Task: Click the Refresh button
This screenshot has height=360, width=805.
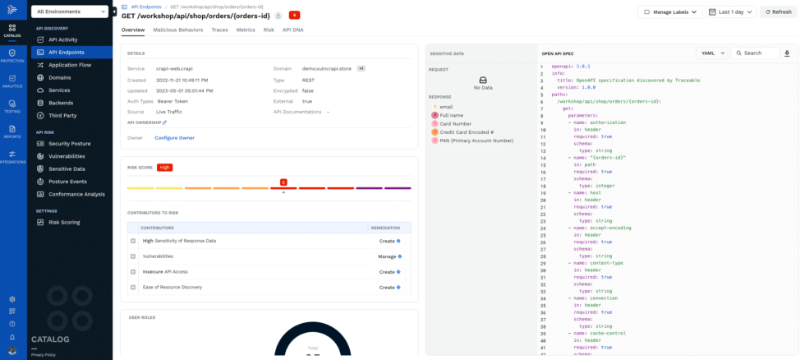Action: coord(777,12)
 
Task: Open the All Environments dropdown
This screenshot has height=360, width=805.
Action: coord(71,12)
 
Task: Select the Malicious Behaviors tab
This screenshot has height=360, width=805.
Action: coord(177,30)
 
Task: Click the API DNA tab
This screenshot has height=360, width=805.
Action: coord(293,30)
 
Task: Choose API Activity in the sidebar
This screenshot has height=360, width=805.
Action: coord(62,39)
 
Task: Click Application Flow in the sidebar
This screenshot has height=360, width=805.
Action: coord(69,64)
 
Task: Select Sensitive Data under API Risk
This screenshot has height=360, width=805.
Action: coord(67,168)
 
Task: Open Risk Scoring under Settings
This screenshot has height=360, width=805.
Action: coord(64,222)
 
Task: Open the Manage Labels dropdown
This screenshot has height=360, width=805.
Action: coord(670,12)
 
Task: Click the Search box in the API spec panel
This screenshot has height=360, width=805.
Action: coord(757,53)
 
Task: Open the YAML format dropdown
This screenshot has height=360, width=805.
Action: coord(711,53)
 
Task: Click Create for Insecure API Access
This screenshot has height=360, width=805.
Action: coord(389,271)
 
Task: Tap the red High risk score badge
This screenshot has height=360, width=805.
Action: coord(164,167)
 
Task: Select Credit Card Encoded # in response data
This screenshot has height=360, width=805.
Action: coord(466,132)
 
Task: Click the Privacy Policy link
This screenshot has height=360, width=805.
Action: coord(43,354)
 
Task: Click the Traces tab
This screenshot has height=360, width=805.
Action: coord(219,30)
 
